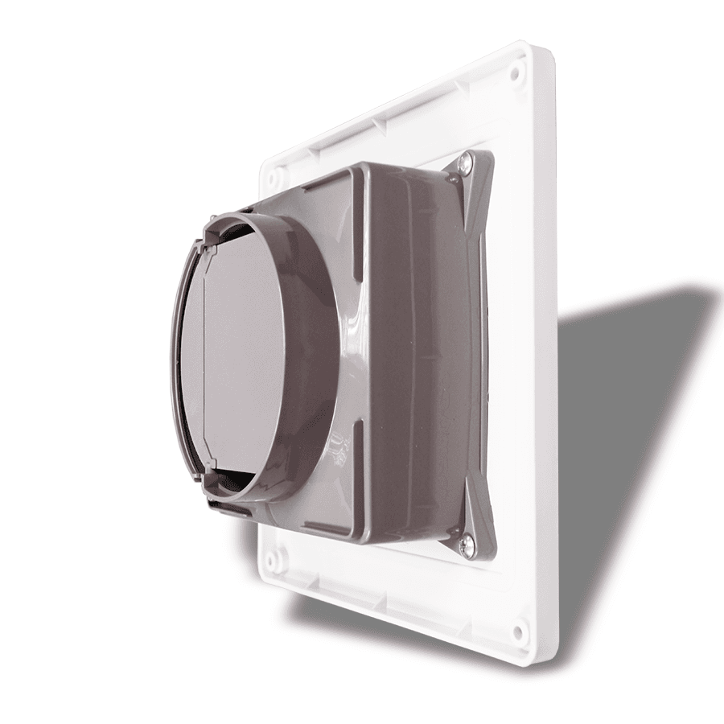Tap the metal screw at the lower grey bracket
[466, 545]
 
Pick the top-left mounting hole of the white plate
[274, 173]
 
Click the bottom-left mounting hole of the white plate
[275, 555]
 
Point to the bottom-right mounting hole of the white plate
[519, 630]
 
